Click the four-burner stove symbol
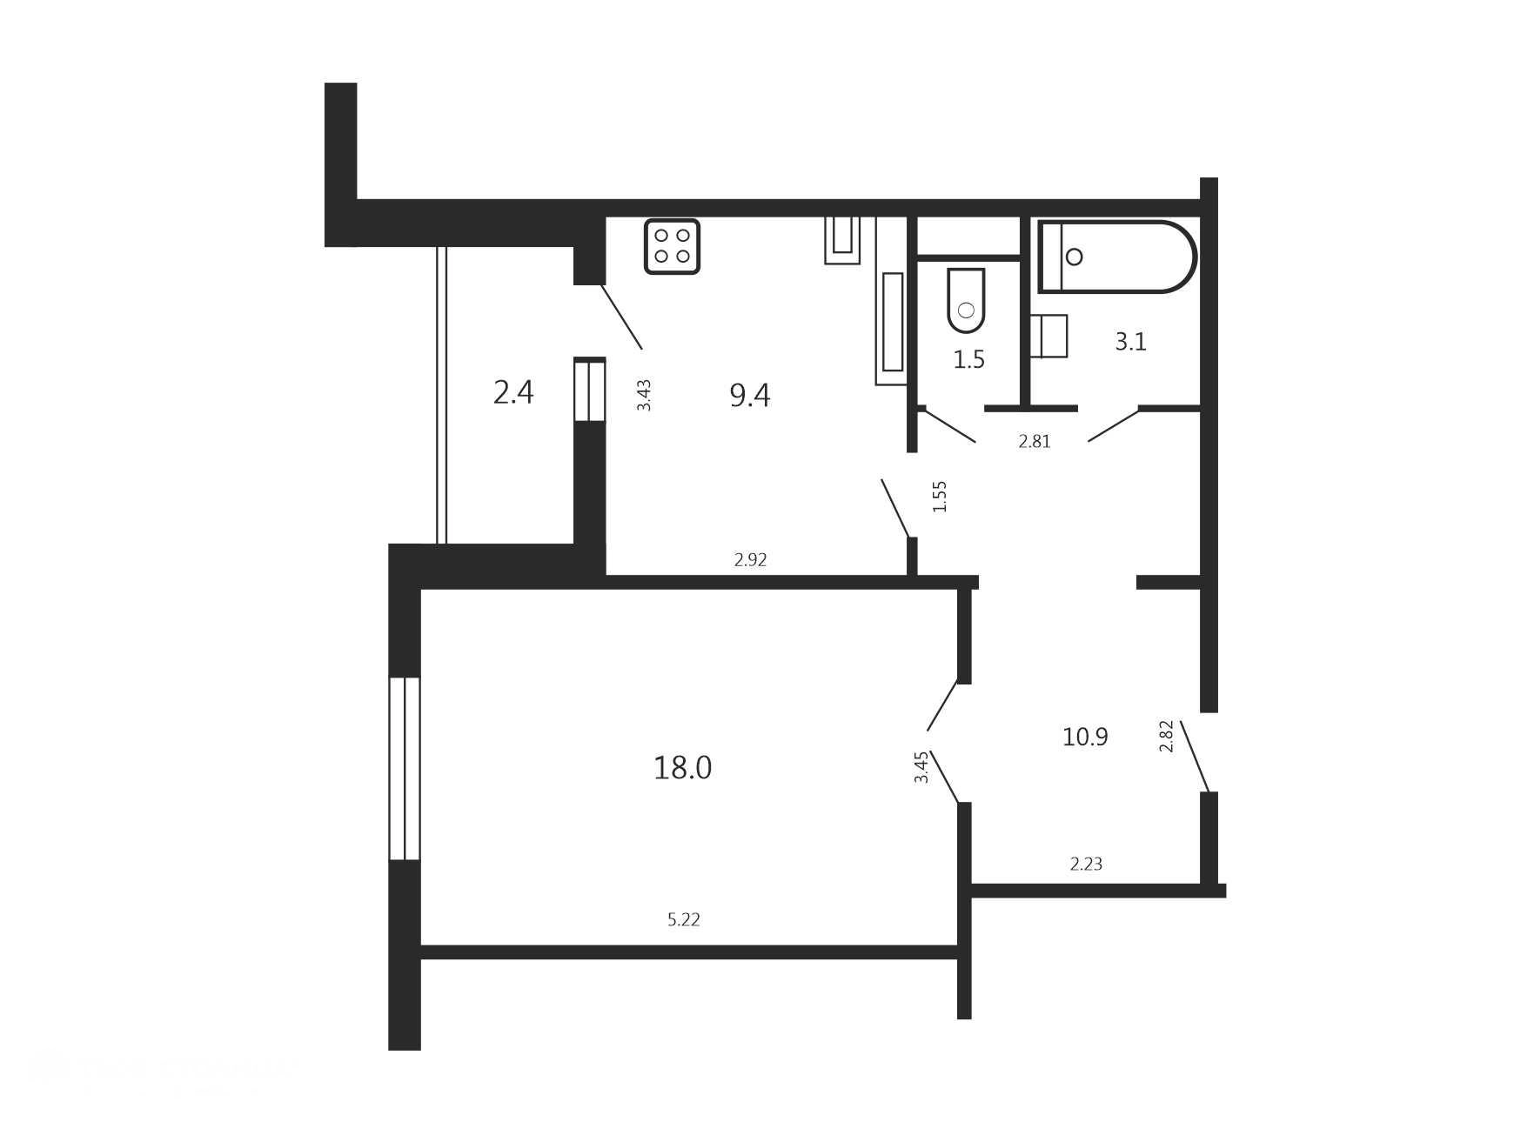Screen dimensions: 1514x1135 672,246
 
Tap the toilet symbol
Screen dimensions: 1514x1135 966,301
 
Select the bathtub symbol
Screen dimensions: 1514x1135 1117,257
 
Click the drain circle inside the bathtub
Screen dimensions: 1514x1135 1074,257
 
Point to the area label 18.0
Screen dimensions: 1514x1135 683,768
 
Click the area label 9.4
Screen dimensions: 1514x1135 750,396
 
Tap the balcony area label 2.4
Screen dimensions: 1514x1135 513,393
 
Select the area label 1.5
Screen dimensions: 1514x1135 968,359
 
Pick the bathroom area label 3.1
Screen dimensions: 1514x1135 1130,342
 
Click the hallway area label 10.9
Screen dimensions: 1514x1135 1085,738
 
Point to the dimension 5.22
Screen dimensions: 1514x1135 684,919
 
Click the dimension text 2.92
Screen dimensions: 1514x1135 750,560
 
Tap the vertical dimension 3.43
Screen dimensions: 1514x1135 644,395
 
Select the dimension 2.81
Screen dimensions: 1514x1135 1035,442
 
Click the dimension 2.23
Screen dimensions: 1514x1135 1086,864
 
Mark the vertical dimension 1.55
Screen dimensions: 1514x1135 940,497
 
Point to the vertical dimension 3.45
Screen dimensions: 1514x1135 921,767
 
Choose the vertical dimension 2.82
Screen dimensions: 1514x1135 1167,736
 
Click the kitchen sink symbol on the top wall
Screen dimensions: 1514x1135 842,240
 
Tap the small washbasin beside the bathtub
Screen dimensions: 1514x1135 1049,336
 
